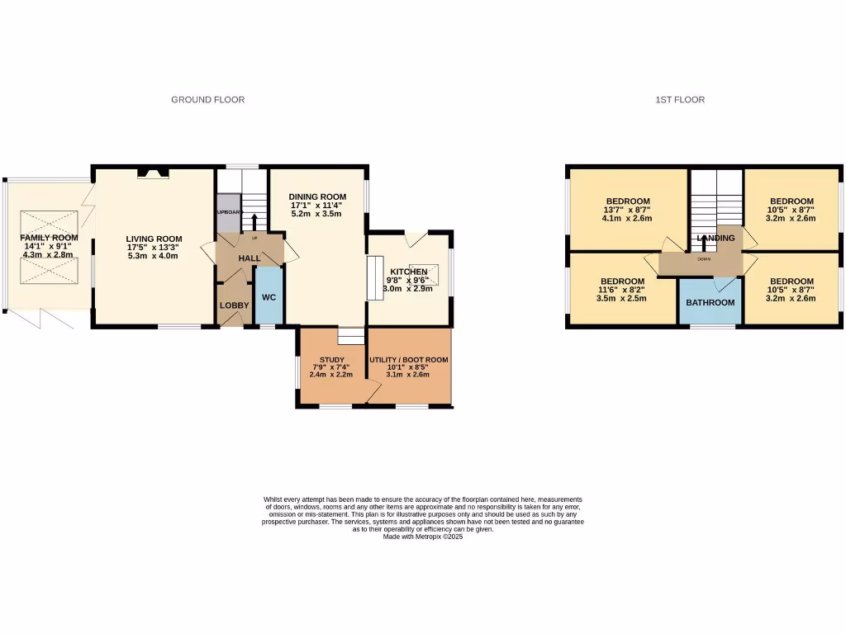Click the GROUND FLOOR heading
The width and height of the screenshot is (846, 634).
point(207,100)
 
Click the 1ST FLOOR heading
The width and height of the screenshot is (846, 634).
point(680,100)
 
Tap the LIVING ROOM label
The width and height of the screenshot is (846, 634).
point(153,239)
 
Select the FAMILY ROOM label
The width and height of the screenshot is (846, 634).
point(49,238)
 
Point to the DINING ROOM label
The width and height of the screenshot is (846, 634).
point(316,196)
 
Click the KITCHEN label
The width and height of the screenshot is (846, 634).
point(409,272)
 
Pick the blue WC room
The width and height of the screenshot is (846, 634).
point(269,297)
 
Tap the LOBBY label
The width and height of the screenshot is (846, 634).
point(234,305)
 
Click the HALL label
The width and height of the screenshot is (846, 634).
point(250,258)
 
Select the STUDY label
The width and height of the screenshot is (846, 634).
point(331,360)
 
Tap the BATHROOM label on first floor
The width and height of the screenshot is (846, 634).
point(711,302)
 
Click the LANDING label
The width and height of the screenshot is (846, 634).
point(715,239)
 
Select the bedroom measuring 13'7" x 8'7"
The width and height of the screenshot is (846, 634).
point(628,201)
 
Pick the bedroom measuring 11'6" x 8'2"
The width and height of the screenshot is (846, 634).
point(622,281)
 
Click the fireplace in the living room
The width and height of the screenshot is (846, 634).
point(153,173)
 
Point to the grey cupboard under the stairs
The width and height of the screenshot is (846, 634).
point(227,212)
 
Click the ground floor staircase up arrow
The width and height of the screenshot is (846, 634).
point(254,220)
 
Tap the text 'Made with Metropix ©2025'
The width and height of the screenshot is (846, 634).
point(422,537)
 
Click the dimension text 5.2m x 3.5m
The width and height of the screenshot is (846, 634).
point(316,214)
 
